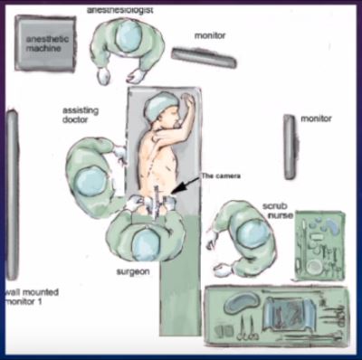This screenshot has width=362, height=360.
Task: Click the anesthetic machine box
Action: tap(45, 43)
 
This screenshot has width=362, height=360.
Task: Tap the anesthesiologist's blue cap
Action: tap(129, 36)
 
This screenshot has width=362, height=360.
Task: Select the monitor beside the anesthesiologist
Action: tap(205, 57)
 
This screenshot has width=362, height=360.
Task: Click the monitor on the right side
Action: tap(290, 147)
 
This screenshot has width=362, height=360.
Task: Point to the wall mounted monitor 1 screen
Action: tap(12, 195)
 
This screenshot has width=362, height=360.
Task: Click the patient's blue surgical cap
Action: tap(160, 108)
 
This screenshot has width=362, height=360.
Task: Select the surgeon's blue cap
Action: tap(146, 244)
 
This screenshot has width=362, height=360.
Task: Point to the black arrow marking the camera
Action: tap(185, 185)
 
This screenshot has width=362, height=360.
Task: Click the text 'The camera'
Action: tap(221, 176)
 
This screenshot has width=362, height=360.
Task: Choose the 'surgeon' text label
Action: tap(133, 272)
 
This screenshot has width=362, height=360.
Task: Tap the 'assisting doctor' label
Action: tap(81, 115)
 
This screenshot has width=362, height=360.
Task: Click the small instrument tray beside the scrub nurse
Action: tap(320, 245)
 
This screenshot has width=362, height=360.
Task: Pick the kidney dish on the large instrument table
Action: tap(242, 301)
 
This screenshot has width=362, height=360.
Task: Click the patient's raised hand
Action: tap(188, 101)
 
